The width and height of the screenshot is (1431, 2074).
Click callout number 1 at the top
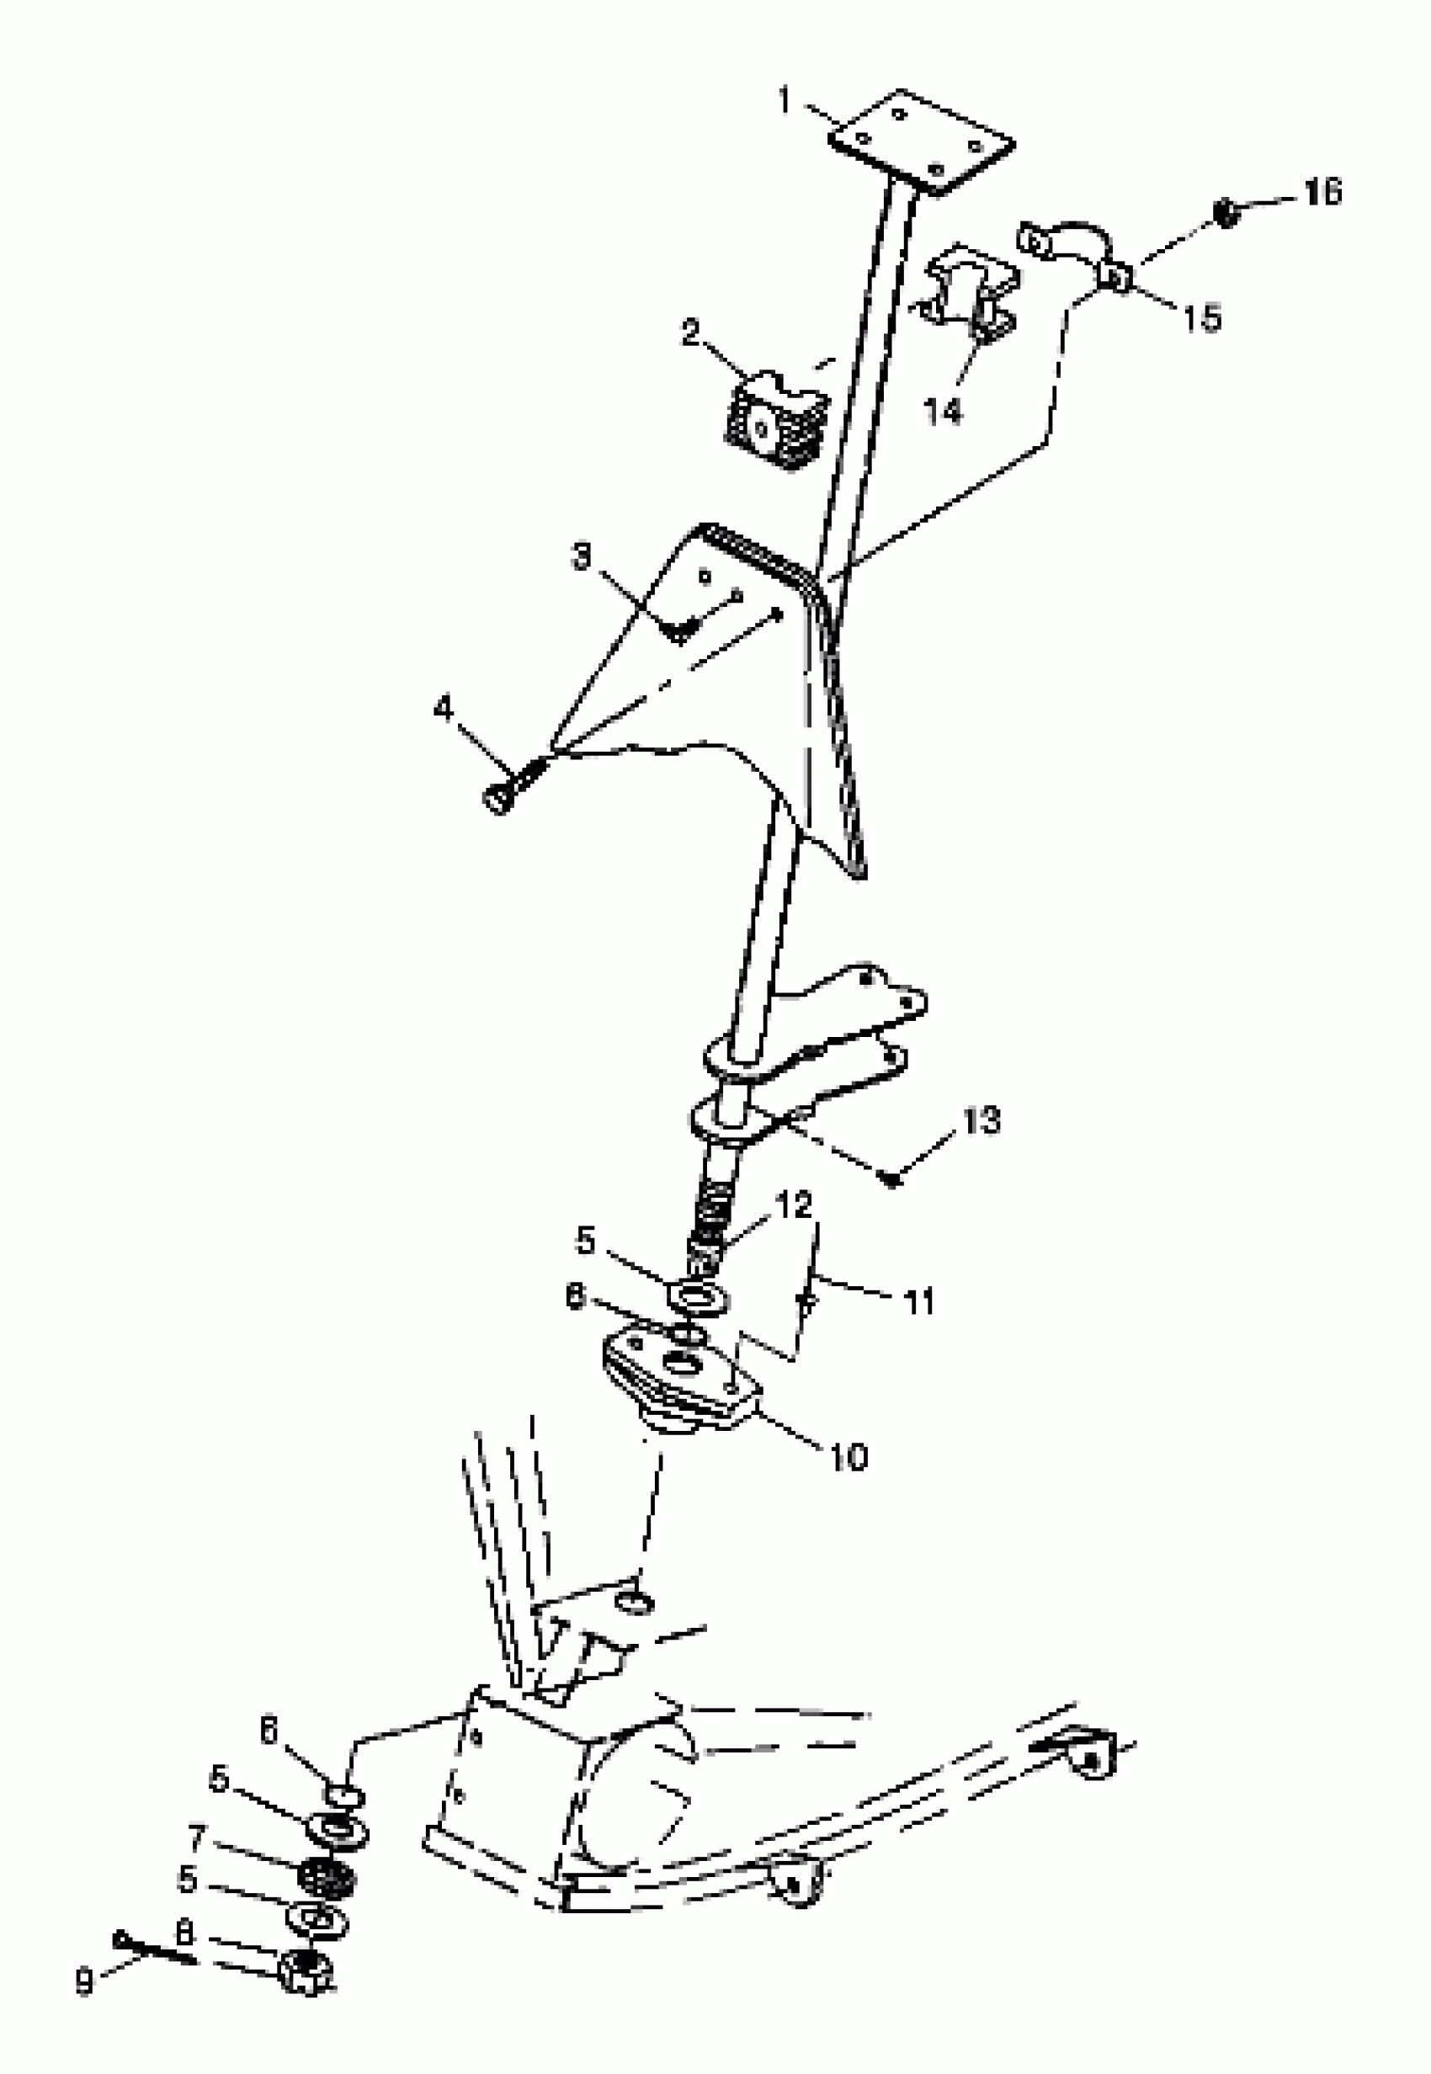coord(785,101)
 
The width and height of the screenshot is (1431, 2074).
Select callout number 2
coord(690,333)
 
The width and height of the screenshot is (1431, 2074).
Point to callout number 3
coord(582,557)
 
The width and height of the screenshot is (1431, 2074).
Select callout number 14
coord(944,412)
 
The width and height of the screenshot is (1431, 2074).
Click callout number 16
coord(1322,191)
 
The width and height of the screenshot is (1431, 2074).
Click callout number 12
coord(795,1205)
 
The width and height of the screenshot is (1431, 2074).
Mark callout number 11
coord(918,1301)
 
